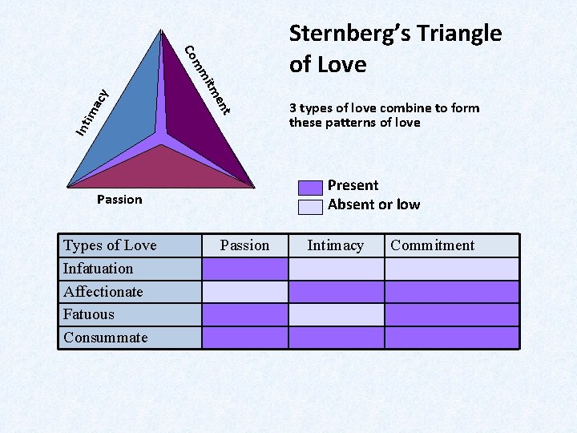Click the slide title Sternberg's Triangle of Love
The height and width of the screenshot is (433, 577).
click(395, 48)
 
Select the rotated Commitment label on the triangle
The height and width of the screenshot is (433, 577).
click(208, 79)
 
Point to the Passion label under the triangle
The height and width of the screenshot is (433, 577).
click(119, 200)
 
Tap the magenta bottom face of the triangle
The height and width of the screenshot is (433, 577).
click(164, 168)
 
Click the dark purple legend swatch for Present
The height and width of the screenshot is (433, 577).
click(309, 188)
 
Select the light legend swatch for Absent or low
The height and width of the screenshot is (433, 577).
click(309, 206)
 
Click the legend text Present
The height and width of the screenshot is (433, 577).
click(353, 185)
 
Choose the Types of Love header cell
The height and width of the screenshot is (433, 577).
click(131, 245)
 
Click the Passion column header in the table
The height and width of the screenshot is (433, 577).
click(244, 245)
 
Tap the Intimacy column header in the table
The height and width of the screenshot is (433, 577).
click(336, 245)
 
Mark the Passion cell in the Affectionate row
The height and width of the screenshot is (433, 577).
click(244, 292)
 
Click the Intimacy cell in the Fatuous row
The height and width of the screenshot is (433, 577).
click(336, 314)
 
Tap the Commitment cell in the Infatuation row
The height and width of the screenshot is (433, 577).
click(452, 269)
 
